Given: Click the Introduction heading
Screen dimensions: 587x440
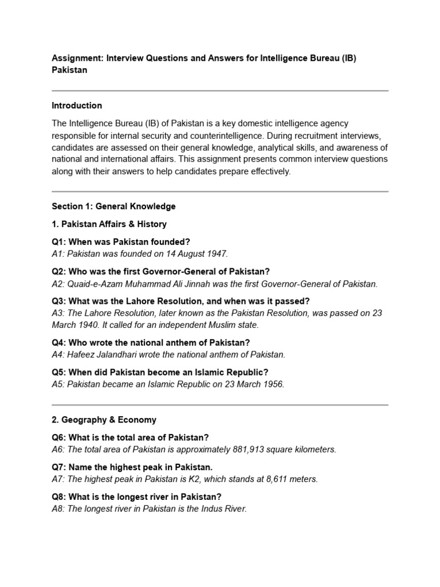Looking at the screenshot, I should pos(77,105).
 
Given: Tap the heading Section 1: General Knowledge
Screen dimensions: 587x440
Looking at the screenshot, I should pos(113,206).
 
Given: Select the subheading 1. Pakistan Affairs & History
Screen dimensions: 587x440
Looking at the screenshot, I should pos(109,224).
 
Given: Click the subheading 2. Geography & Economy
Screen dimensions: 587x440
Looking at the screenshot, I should pos(104,420).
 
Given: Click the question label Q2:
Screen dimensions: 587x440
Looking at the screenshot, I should pos(60,271).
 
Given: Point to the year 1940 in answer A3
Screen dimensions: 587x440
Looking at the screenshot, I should pos(93,325).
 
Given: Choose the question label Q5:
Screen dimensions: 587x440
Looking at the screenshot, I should pos(60,372).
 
